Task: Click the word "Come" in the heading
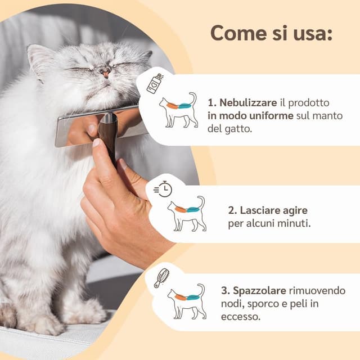pos(238,33)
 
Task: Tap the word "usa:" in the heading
pos(313,33)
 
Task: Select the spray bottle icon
pos(155,84)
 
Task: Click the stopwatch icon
pos(163,188)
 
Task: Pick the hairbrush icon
pos(161,277)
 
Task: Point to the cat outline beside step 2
pos(187,214)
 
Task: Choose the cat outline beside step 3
pos(187,301)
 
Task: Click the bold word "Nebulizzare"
pos(248,102)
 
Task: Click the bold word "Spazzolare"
pos(259,291)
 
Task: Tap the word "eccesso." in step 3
pos(241,317)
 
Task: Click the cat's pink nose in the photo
pos(105,74)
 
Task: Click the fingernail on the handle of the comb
pos(96,143)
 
